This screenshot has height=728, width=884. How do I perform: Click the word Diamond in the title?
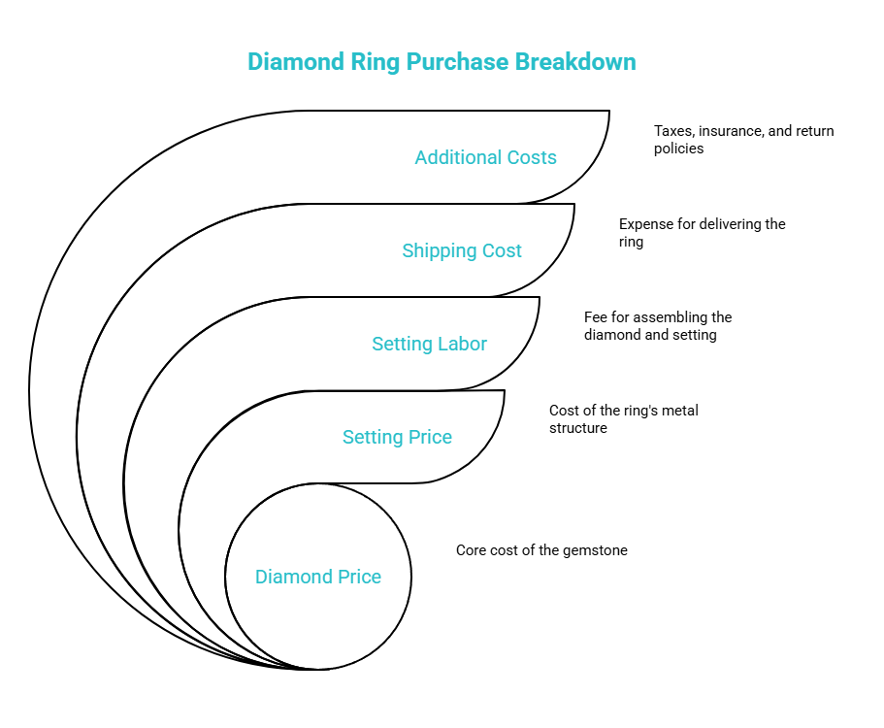(x=296, y=61)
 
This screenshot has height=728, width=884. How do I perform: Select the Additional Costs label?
(x=485, y=157)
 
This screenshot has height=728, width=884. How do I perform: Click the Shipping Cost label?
(x=462, y=250)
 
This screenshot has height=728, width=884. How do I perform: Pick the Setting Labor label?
(x=429, y=344)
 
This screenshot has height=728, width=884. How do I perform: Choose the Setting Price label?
(x=397, y=437)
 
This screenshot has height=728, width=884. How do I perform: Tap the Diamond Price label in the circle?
(x=318, y=577)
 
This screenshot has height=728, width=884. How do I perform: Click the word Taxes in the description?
(x=674, y=131)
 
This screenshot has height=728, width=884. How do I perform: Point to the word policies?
(x=679, y=149)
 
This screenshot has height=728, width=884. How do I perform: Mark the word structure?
(x=578, y=428)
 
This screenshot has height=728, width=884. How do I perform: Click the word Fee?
(x=596, y=317)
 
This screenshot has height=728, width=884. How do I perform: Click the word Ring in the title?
(x=375, y=61)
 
